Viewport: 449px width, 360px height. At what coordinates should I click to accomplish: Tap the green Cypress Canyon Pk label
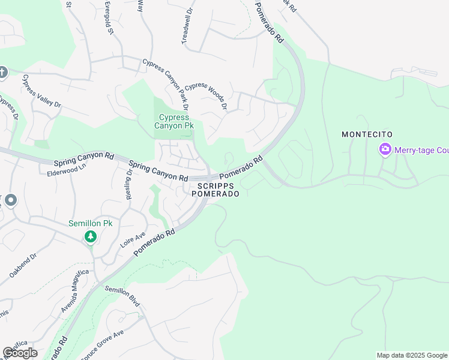pyautogui.click(x=174, y=122)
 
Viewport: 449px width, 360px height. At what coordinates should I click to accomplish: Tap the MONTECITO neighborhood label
pyautogui.click(x=367, y=135)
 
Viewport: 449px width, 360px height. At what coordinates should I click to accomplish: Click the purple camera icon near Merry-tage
pyautogui.click(x=385, y=149)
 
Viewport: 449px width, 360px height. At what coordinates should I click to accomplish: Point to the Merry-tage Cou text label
pyautogui.click(x=421, y=150)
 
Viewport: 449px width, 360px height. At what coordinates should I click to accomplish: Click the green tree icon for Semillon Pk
pyautogui.click(x=91, y=237)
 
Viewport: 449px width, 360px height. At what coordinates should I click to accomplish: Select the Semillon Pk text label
pyautogui.click(x=90, y=223)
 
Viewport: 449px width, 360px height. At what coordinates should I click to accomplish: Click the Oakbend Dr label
pyautogui.click(x=23, y=265)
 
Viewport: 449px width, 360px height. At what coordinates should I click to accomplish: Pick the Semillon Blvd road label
pyautogui.click(x=122, y=296)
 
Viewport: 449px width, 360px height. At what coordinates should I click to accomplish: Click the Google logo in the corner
pyautogui.click(x=20, y=353)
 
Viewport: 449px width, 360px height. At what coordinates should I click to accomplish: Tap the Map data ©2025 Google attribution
pyautogui.click(x=411, y=355)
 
